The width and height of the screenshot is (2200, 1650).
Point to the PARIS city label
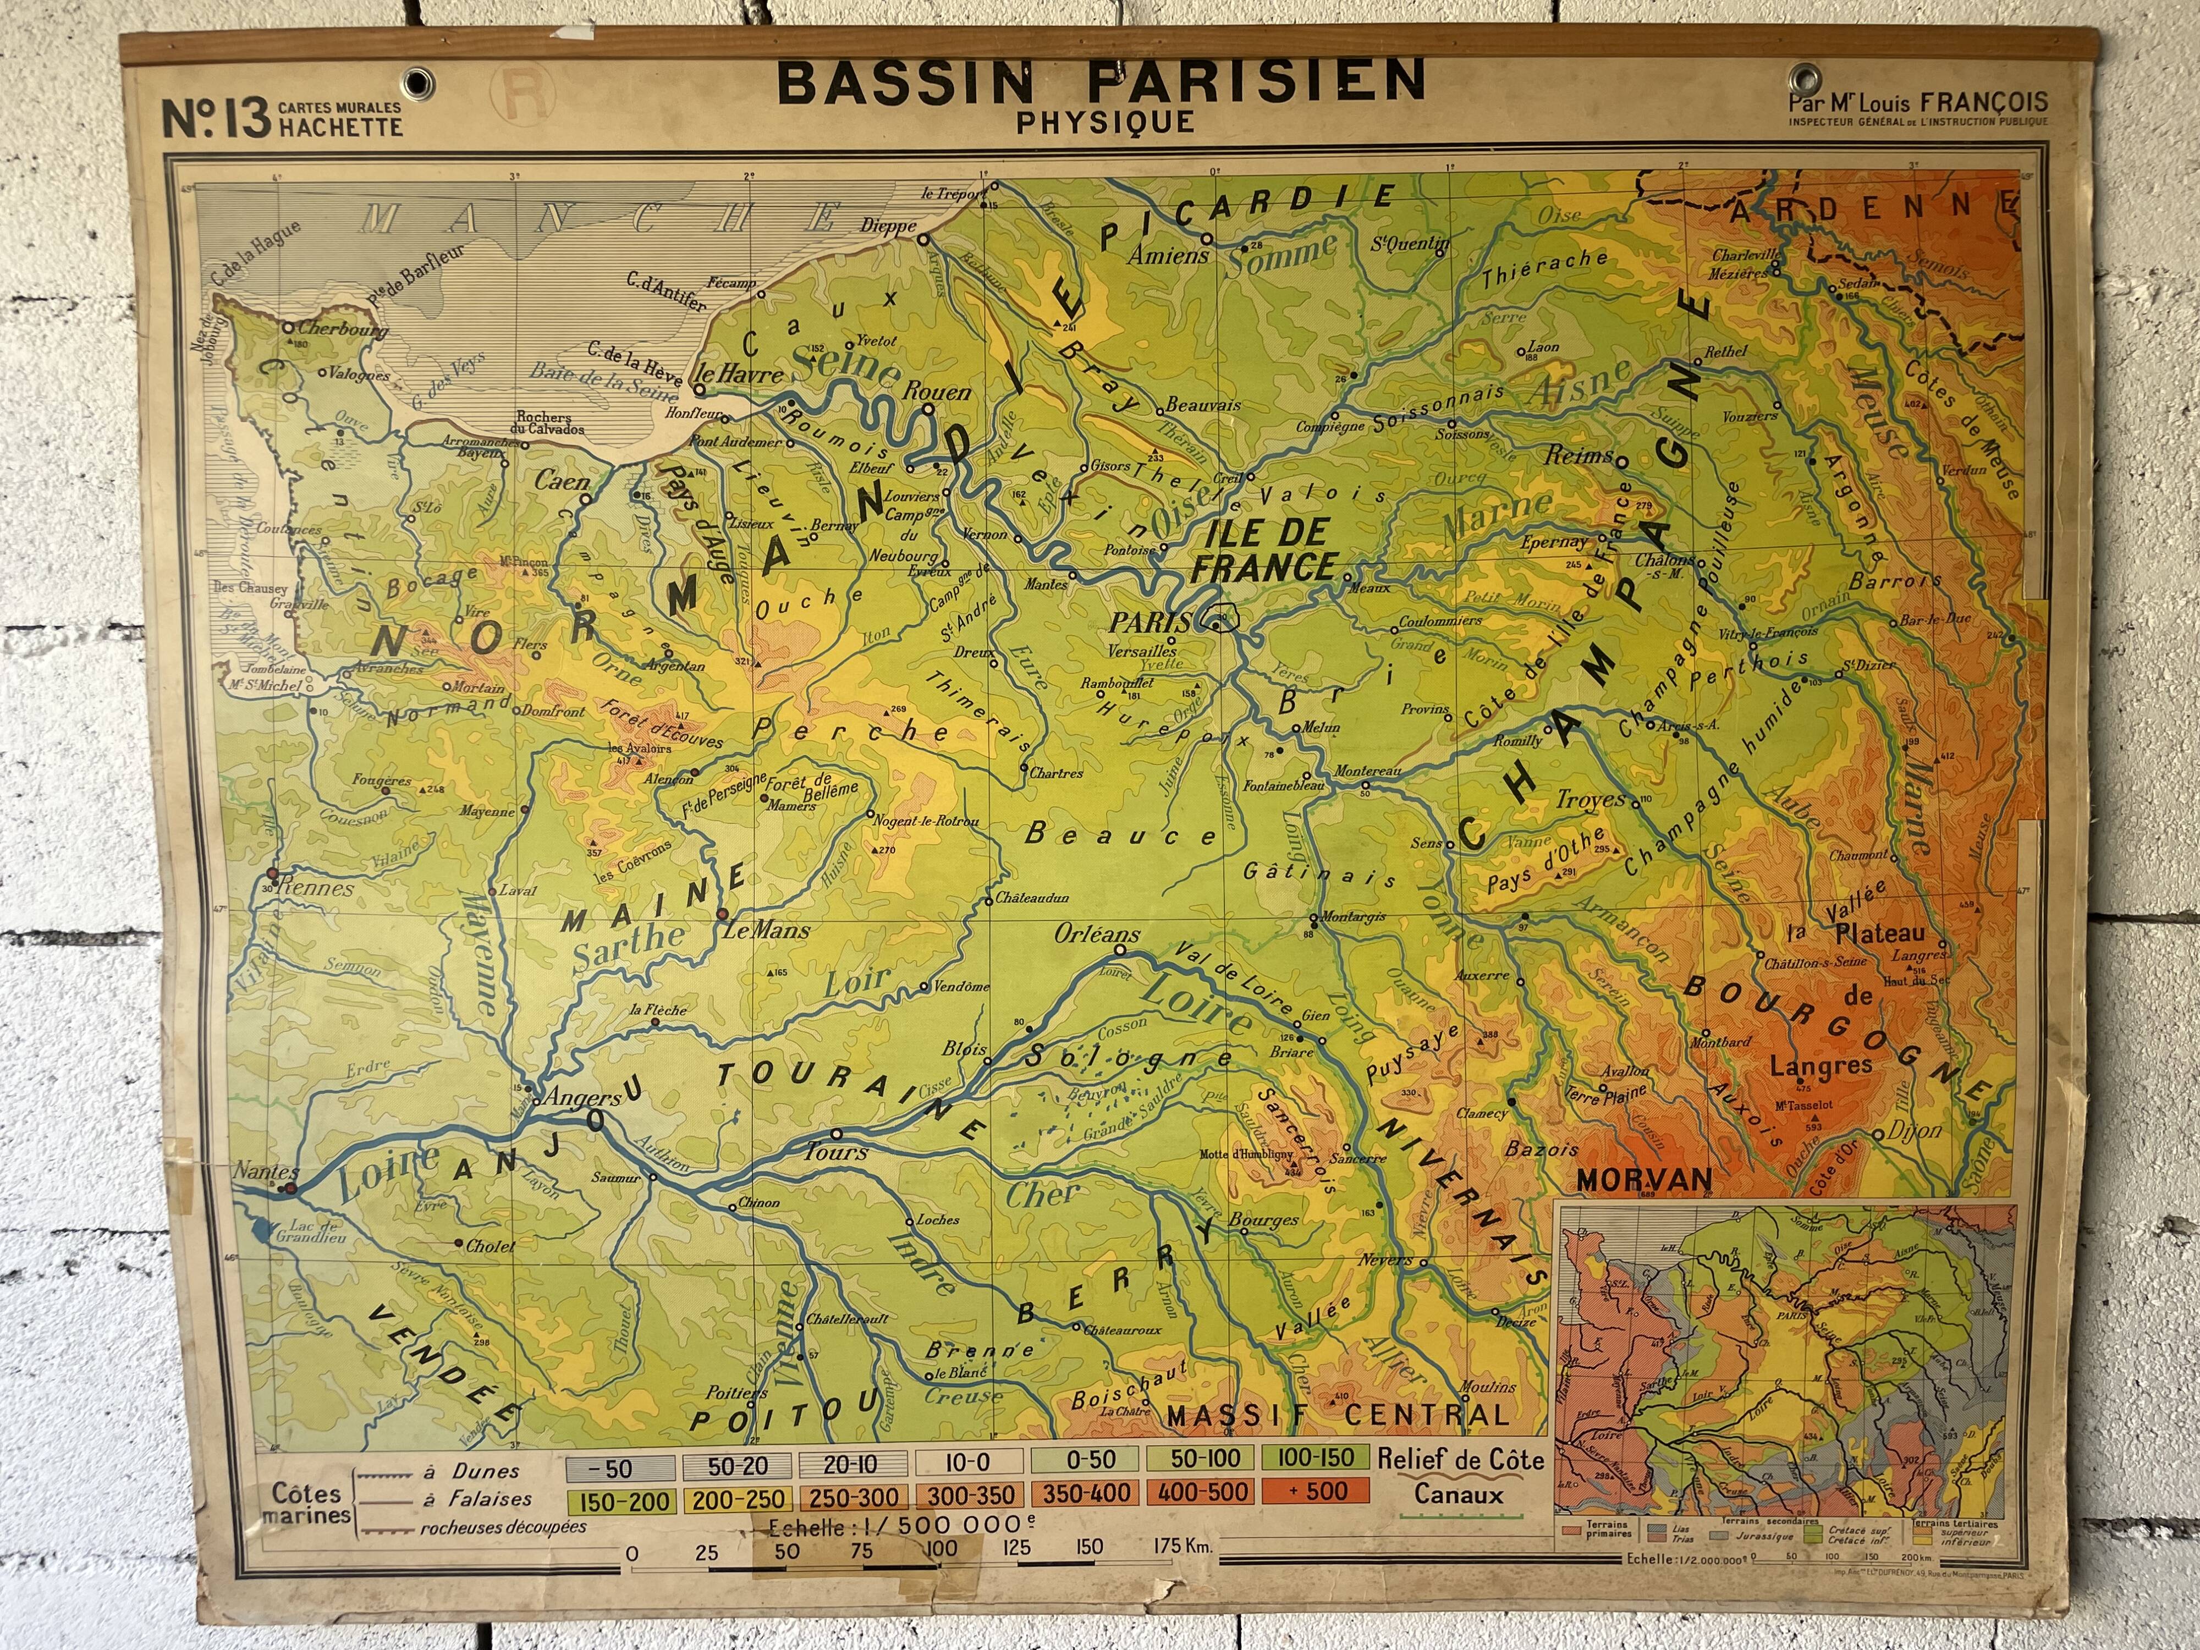pyautogui.click(x=1151, y=623)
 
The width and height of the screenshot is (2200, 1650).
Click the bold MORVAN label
pyautogui.click(x=1644, y=1180)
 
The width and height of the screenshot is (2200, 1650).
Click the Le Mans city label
pyautogui.click(x=766, y=931)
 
